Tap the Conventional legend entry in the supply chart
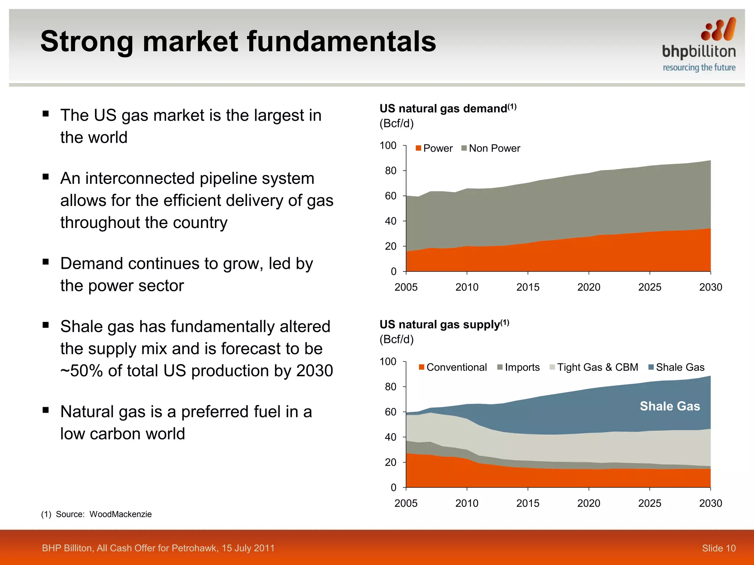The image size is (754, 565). pos(452,367)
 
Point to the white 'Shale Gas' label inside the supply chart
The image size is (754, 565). pos(670,406)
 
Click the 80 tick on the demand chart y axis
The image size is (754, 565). pos(391,171)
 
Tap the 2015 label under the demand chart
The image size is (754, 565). pos(528,287)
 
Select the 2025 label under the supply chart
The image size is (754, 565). pos(649,503)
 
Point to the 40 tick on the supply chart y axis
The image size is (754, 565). pos(391,437)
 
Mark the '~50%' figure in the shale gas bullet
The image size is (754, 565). pos(81,371)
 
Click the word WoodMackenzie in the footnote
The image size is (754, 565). pos(120,514)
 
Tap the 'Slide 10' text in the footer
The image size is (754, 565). pos(718,548)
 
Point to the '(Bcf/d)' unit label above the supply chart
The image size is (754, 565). pos(397,339)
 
